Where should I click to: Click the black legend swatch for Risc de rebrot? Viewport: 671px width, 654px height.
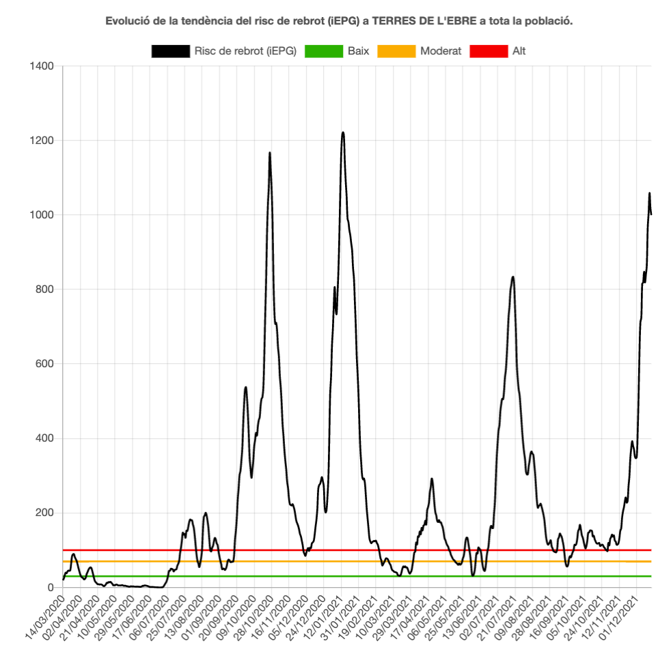(170, 51)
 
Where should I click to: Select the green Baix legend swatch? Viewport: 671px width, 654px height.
(323, 51)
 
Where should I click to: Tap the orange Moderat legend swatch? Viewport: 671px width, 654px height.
(396, 51)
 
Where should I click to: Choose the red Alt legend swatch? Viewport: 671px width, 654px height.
(489, 51)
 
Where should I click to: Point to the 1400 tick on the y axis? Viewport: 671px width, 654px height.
(42, 66)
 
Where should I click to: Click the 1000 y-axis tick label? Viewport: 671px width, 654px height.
(42, 215)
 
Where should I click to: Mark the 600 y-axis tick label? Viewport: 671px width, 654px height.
(45, 364)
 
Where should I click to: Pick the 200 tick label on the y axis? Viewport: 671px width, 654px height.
(45, 513)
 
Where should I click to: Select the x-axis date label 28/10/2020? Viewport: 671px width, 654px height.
(245, 618)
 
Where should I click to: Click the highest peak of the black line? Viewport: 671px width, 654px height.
(343, 132)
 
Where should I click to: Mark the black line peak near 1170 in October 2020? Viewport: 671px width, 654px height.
(270, 153)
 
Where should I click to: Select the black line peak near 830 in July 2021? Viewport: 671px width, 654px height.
(512, 277)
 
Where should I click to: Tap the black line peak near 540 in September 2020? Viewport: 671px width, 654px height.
(245, 387)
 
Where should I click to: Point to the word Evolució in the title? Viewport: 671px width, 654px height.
(125, 21)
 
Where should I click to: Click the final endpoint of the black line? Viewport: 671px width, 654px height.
(651, 214)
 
